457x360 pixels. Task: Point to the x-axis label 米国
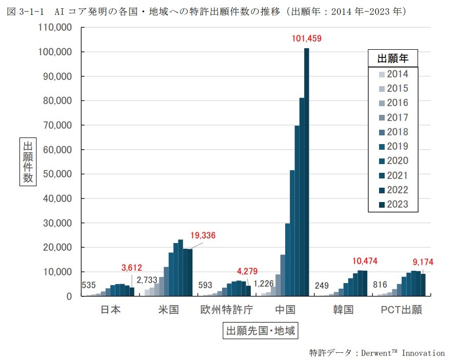pos(167,310)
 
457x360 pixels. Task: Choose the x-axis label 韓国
pos(343,310)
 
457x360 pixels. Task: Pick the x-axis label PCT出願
pos(401,310)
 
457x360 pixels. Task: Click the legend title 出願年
pos(393,57)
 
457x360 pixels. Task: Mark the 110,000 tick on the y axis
pos(55,28)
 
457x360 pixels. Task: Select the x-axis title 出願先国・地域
pos(261,331)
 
